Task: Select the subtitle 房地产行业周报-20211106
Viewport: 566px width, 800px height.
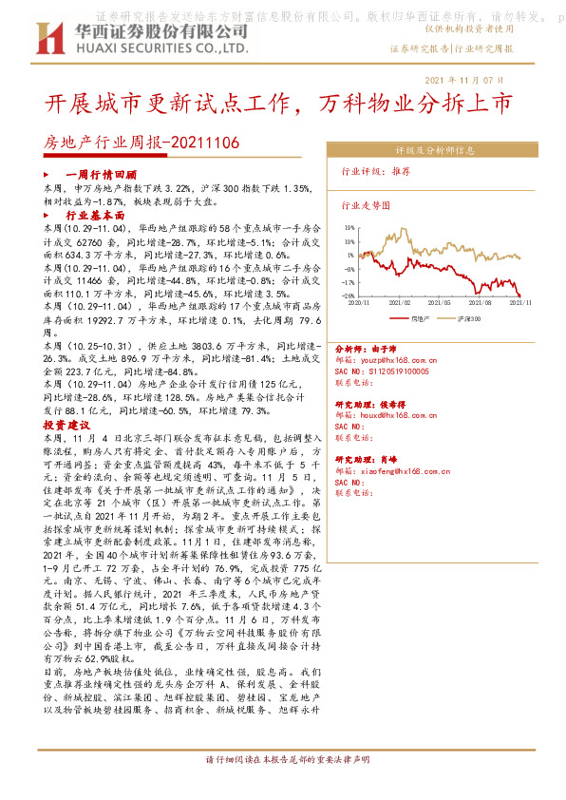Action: [142, 143]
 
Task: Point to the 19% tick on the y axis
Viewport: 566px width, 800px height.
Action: [349, 228]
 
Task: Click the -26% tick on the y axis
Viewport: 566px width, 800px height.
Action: [348, 295]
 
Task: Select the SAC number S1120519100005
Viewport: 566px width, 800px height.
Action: [394, 371]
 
